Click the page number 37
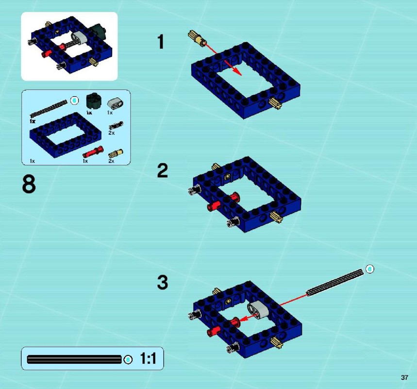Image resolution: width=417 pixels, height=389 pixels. pos(404,377)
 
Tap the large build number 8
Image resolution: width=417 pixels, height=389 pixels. pos(29,184)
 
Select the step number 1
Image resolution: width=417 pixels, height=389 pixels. pos(160,42)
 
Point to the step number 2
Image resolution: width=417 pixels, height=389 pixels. pos(162,171)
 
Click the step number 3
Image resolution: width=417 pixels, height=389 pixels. pos(163,283)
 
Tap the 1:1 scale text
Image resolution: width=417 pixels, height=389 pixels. pos(148,358)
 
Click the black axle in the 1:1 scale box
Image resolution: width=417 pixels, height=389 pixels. pos(74,359)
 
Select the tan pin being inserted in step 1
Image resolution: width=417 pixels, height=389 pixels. pos(197,38)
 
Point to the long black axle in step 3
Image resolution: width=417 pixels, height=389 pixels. pos(335,283)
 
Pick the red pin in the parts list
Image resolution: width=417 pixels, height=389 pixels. pos(93,152)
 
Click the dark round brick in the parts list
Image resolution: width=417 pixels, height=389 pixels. pos(94,101)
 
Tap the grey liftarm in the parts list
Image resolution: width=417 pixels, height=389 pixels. pos(116,104)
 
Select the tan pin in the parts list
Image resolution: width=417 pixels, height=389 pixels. pos(116,154)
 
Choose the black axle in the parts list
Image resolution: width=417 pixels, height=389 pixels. pos(49,109)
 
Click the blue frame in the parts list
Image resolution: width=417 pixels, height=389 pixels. pos(66,135)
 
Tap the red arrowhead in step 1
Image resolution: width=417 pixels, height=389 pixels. pos(237,72)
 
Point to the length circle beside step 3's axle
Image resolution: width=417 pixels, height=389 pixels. pos(369,269)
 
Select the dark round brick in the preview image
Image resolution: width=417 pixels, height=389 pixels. pos(98,32)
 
